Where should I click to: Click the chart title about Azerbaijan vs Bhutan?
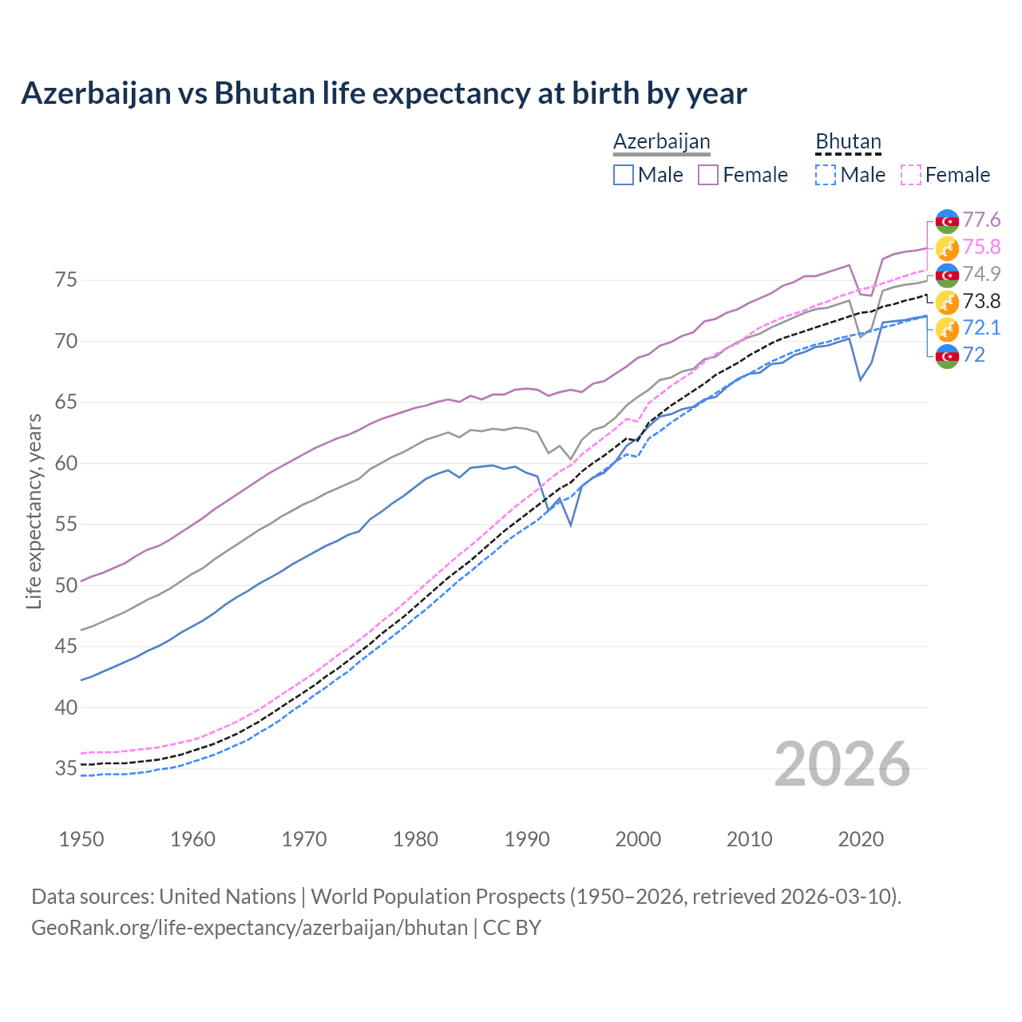pos(383,93)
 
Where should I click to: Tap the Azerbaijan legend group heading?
pos(661,142)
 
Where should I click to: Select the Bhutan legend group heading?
pos(848,142)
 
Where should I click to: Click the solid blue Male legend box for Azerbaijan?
pos(624,175)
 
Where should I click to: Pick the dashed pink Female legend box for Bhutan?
pos(911,175)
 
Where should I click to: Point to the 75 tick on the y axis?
pos(65,280)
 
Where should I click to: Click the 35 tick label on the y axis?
pos(65,769)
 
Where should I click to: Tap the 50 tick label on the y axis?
pos(65,585)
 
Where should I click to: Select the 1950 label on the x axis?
pos(81,839)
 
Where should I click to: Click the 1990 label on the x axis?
pos(527,839)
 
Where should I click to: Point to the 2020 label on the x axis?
pos(861,839)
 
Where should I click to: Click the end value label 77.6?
pos(981,220)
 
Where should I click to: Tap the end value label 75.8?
pos(981,247)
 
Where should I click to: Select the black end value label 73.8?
pos(981,301)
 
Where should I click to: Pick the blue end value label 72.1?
pos(981,328)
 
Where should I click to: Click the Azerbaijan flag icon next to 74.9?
pos(947,275)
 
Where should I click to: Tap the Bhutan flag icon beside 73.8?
pos(947,302)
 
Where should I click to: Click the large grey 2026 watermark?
pos(842,764)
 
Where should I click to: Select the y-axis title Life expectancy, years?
pos(34,511)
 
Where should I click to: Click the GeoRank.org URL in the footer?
pos(249,928)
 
